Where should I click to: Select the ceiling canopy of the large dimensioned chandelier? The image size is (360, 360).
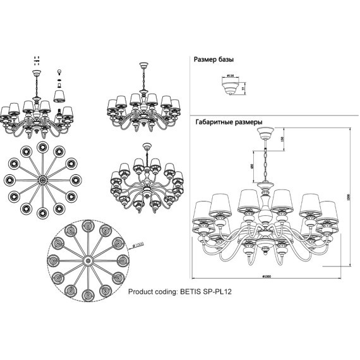point(266,135)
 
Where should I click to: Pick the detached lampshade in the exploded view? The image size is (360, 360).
point(61,95)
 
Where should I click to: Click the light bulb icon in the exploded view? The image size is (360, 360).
point(61,71)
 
